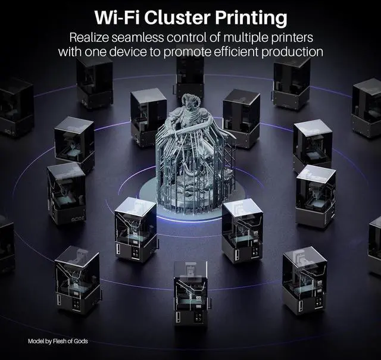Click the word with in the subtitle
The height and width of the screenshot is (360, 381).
pyautogui.click(x=70, y=51)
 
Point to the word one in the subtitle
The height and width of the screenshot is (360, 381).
pyautogui.click(x=97, y=51)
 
